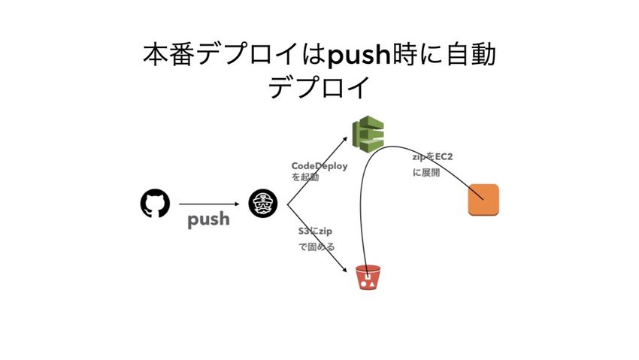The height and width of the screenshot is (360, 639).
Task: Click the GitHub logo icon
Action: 155,204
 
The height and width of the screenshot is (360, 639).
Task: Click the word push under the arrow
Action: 208,220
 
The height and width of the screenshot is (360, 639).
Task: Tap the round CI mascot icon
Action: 263,203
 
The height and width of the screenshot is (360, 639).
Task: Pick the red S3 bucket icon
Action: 368,278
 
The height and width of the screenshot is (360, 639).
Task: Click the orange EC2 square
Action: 483,199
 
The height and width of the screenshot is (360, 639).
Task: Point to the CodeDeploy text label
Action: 319,166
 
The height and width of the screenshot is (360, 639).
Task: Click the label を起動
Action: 305,178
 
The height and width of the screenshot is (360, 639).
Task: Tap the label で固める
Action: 316,247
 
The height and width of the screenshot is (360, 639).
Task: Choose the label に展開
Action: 425,172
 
